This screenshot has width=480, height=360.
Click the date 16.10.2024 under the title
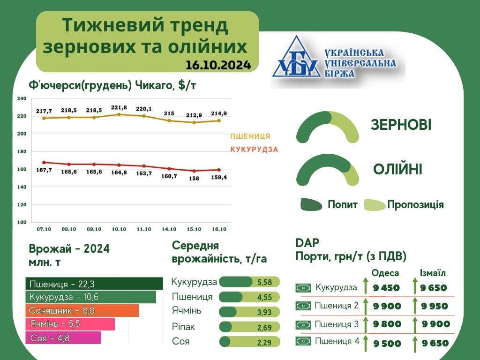click(x=218, y=65)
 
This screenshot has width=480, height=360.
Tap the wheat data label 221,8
click(x=119, y=108)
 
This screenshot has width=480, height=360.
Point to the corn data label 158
click(x=194, y=178)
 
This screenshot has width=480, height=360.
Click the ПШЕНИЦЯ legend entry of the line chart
click(x=250, y=136)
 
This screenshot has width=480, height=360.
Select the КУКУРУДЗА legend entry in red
click(x=254, y=150)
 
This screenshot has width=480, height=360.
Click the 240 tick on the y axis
click(x=22, y=98)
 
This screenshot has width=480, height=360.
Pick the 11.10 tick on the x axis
click(x=144, y=229)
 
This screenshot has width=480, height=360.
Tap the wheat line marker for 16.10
click(x=219, y=120)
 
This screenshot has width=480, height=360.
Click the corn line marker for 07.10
click(x=44, y=163)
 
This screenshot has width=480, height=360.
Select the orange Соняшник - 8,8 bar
click(x=82, y=311)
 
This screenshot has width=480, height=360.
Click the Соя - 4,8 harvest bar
click(x=63, y=338)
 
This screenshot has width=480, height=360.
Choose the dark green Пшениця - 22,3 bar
click(x=94, y=284)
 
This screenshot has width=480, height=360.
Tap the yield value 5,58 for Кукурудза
click(x=264, y=282)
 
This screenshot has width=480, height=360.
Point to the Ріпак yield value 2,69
click(x=264, y=328)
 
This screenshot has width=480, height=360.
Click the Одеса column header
click(x=385, y=273)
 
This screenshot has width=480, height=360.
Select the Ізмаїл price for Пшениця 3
click(x=436, y=324)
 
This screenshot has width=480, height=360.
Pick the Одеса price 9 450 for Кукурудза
click(x=386, y=288)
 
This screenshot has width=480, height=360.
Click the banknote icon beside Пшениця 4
click(x=303, y=341)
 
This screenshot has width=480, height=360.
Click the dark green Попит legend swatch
click(x=311, y=204)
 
